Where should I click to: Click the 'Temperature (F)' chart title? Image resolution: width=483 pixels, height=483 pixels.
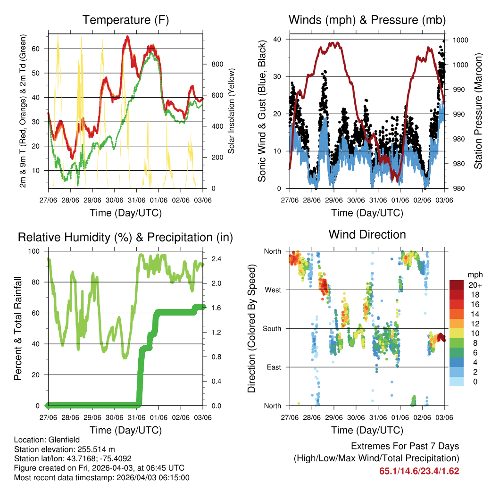click(125, 20)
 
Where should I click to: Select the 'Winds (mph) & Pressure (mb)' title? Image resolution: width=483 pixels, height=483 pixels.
click(367, 20)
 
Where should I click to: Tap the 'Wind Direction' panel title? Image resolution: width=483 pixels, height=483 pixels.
click(367, 234)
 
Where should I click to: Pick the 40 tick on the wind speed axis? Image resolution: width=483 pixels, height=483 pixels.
click(277, 39)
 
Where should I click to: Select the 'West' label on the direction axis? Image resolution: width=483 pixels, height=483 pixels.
click(273, 290)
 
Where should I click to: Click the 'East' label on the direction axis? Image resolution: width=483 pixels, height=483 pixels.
click(273, 367)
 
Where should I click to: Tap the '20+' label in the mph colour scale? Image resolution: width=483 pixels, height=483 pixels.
click(475, 285)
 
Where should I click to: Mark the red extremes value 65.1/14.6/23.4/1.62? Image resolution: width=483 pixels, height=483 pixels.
click(419, 471)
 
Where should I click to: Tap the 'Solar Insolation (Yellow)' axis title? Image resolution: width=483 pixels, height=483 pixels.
click(232, 111)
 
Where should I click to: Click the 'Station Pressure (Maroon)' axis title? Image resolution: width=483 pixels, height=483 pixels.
click(478, 111)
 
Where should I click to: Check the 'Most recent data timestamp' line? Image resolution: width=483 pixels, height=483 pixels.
click(101, 477)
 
